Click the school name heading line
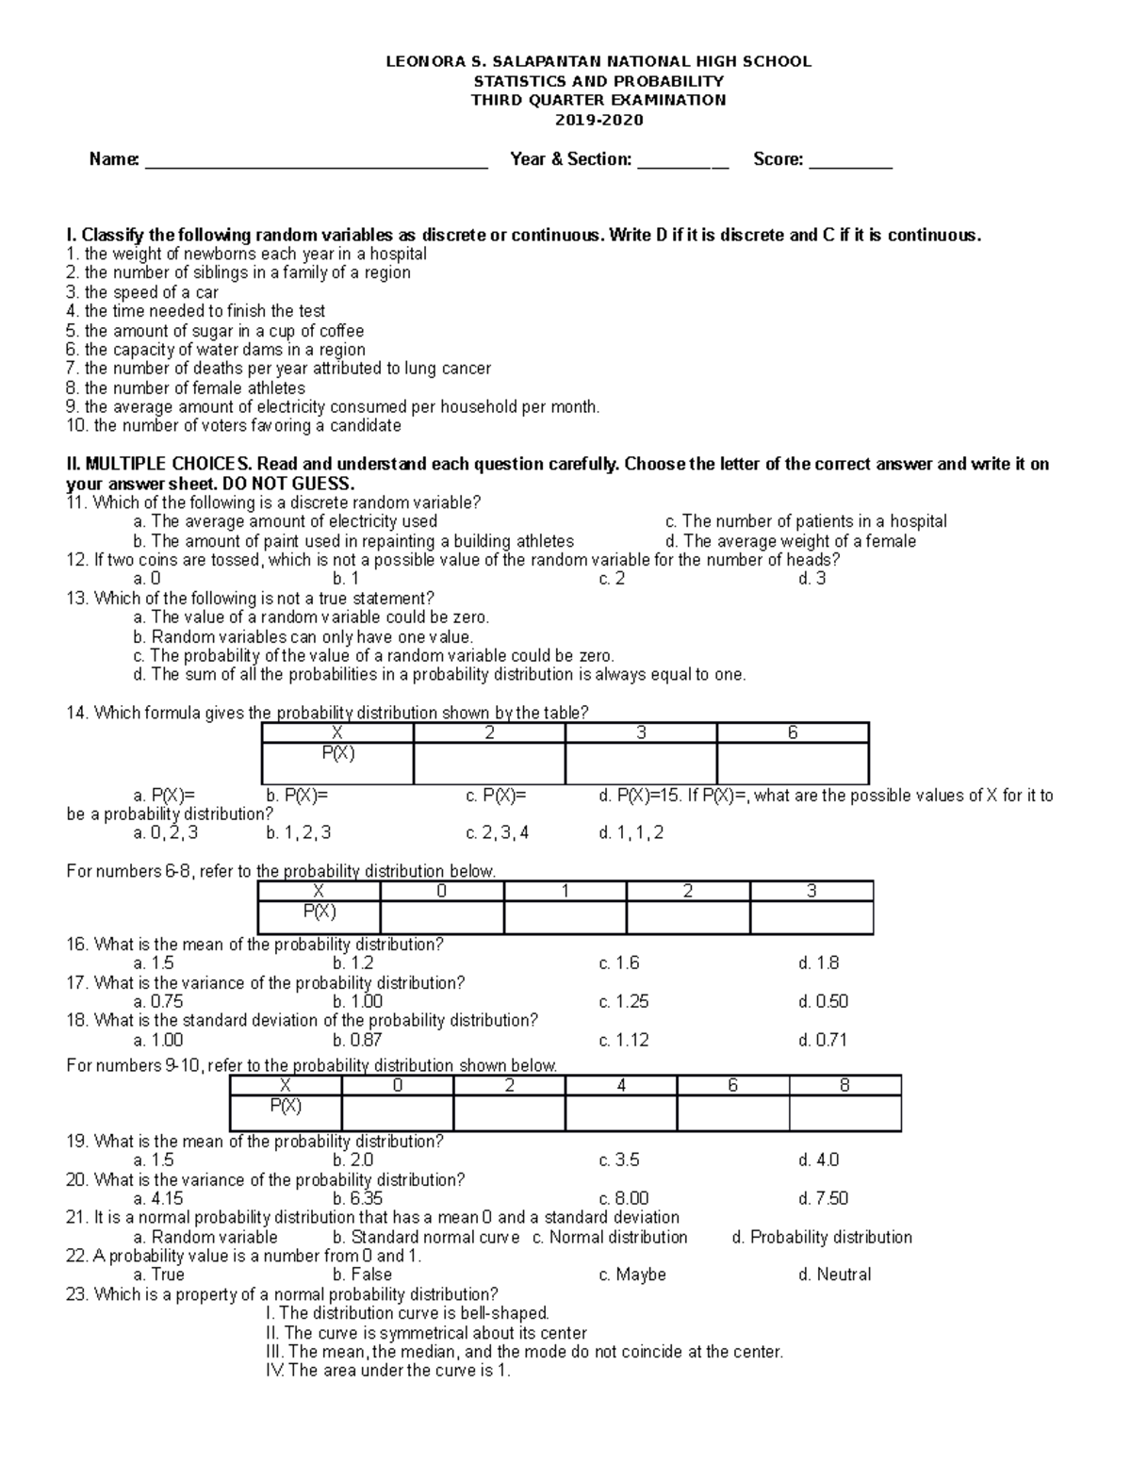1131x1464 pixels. pyautogui.click(x=598, y=61)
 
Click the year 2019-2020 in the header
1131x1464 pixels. pyautogui.click(x=598, y=120)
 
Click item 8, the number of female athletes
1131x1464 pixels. pyautogui.click(x=186, y=387)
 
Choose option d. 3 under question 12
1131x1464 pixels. pyautogui.click(x=811, y=579)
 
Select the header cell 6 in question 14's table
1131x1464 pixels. pyautogui.click(x=793, y=732)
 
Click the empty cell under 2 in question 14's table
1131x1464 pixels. pyautogui.click(x=489, y=763)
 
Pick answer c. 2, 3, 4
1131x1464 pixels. pyautogui.click(x=498, y=833)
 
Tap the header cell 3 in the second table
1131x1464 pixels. pyautogui.click(x=811, y=891)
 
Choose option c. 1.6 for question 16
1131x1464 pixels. pyautogui.click(x=618, y=963)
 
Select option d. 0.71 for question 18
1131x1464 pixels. pyautogui.click(x=822, y=1041)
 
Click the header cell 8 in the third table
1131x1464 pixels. pyautogui.click(x=844, y=1085)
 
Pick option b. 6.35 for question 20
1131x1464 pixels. pyautogui.click(x=358, y=1199)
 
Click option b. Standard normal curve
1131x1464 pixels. pyautogui.click(x=425, y=1237)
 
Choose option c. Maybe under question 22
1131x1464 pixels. pyautogui.click(x=632, y=1275)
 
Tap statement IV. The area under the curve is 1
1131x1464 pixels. pyautogui.click(x=388, y=1371)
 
